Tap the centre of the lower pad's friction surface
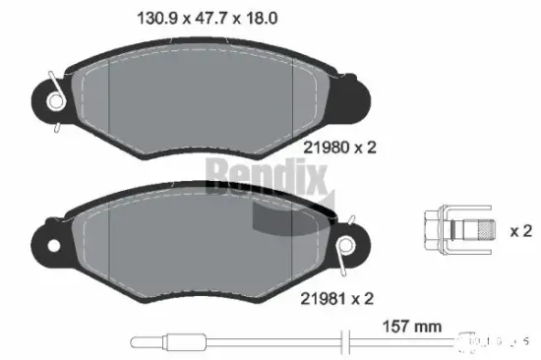[x=187, y=246]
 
